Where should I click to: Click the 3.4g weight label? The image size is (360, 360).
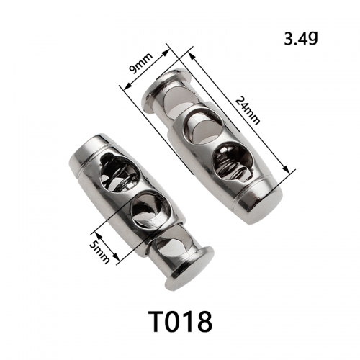click(301, 38)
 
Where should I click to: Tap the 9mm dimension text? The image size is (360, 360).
click(140, 63)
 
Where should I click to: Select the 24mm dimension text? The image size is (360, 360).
click(248, 110)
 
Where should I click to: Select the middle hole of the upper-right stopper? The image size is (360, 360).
click(204, 126)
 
